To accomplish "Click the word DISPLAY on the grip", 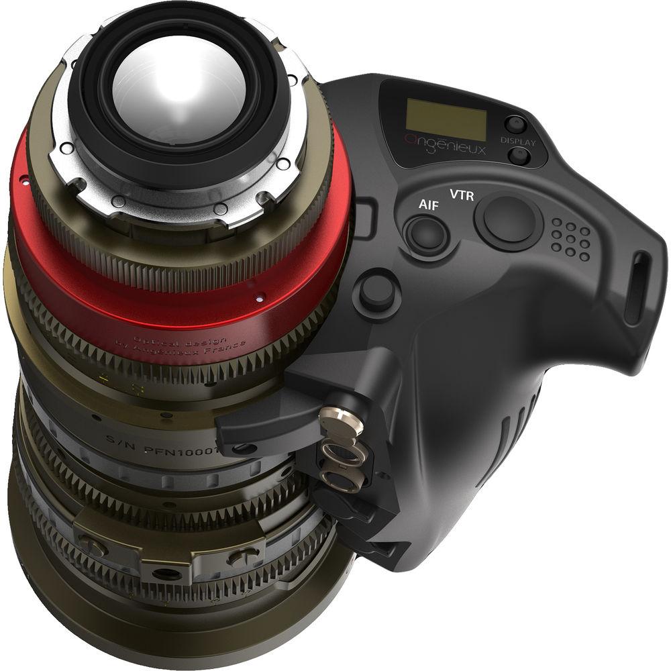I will (x=518, y=142).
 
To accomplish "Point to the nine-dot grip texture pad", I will (x=570, y=239).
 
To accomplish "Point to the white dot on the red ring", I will (x=259, y=296).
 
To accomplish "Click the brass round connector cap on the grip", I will (x=333, y=421).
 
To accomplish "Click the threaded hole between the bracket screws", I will (x=164, y=574).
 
